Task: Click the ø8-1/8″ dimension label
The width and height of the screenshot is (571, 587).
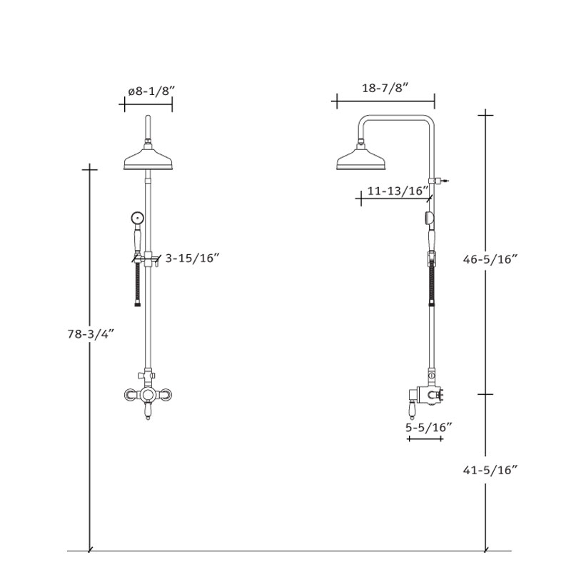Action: point(151,91)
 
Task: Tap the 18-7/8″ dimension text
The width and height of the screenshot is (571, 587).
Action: point(385,88)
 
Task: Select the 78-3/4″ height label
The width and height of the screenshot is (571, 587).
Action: point(90,334)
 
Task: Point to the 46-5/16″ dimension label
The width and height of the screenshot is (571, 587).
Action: point(490,259)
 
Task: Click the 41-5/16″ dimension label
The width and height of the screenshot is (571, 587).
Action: point(490,470)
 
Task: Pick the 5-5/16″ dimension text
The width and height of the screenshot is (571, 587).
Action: point(429,427)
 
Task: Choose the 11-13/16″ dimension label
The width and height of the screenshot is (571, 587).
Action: point(398,191)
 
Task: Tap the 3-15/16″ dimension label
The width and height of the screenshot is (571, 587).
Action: point(192,258)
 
